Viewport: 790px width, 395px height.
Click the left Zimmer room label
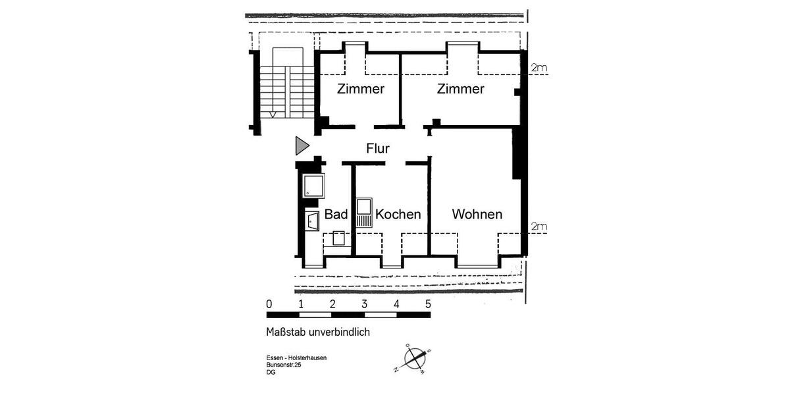coord(360,89)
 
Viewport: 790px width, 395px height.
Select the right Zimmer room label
coord(461,89)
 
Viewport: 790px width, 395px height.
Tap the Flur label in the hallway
coord(378,149)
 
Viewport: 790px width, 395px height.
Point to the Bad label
coord(336,215)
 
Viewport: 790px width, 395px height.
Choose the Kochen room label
coord(398,215)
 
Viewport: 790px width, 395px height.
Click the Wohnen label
coord(477,215)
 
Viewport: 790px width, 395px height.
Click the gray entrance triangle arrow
coord(302,145)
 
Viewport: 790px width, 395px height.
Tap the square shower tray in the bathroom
coord(313,185)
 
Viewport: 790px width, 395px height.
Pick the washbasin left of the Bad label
coord(312,221)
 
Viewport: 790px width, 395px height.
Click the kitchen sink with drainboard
coord(363,213)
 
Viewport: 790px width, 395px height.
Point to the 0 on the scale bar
coord(269,304)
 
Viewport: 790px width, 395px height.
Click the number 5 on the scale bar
coord(428,304)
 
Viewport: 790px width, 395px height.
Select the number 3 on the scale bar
coord(364,304)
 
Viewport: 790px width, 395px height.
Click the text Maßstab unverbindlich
coord(318,332)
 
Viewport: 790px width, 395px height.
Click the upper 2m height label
coord(539,68)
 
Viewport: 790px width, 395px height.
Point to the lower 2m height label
coord(539,227)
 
